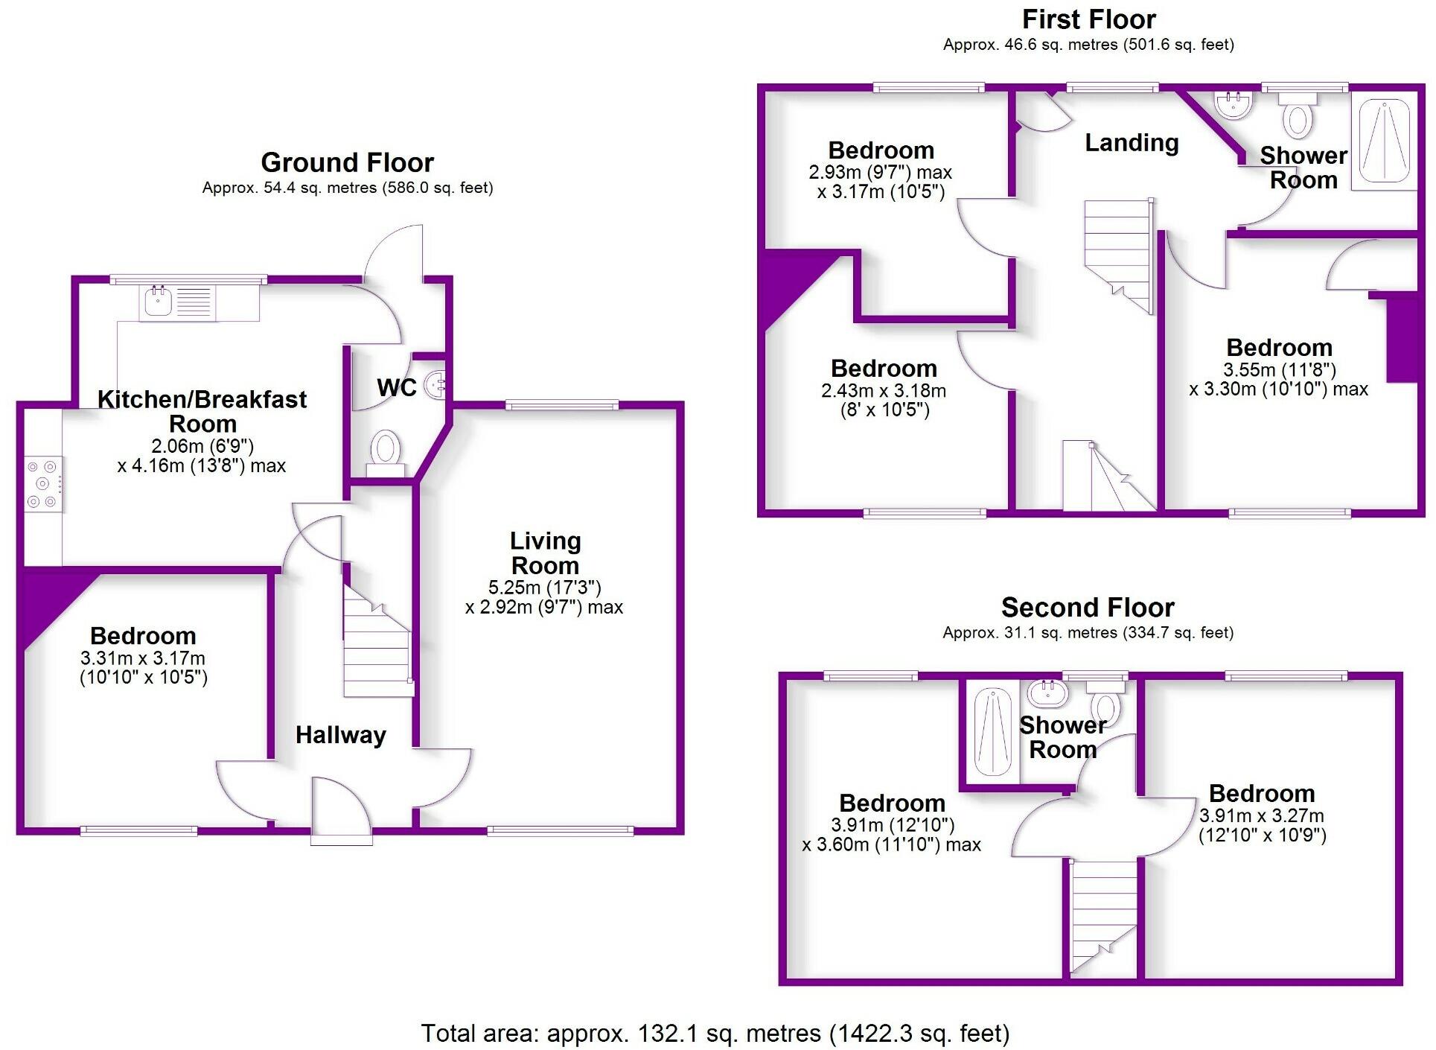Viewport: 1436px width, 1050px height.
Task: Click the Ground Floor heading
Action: pyautogui.click(x=347, y=162)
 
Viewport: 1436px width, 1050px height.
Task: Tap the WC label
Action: pyautogui.click(x=396, y=387)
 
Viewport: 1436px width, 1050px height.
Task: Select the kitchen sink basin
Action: pyautogui.click(x=158, y=302)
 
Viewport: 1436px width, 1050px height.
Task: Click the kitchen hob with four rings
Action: pyautogui.click(x=42, y=484)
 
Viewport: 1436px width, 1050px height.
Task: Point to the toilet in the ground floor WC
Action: pyautogui.click(x=386, y=451)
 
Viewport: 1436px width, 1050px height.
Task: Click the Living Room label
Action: pyautogui.click(x=545, y=553)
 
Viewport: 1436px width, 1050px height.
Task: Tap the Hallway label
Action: pyautogui.click(x=341, y=735)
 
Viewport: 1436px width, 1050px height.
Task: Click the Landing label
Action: pyautogui.click(x=1132, y=142)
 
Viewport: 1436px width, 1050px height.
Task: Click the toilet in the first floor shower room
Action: pyautogui.click(x=1298, y=117)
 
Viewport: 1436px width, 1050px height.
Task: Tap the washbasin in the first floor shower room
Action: pyautogui.click(x=1234, y=104)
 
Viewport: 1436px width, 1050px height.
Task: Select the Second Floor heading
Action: pyautogui.click(x=1088, y=608)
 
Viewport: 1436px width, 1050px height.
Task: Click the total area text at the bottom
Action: pyautogui.click(x=715, y=1034)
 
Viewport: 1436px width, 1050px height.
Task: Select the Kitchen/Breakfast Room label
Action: pyautogui.click(x=202, y=411)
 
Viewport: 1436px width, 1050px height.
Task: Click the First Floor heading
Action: pyautogui.click(x=1088, y=19)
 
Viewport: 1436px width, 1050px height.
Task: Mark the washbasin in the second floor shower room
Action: pyautogui.click(x=1047, y=693)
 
